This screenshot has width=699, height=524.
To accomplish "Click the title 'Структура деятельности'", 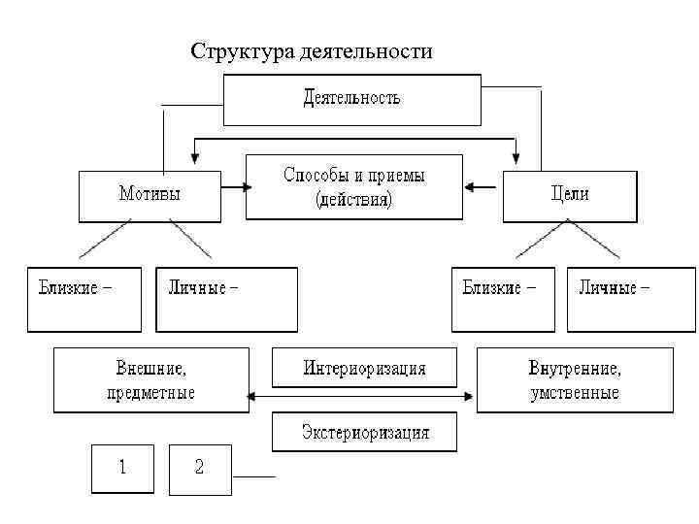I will click(x=312, y=50).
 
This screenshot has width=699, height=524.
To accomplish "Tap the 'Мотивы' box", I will click(x=150, y=197).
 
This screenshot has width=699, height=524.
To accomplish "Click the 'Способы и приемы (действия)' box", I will click(x=354, y=187).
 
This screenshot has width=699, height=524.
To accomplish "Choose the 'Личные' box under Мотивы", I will click(x=226, y=299).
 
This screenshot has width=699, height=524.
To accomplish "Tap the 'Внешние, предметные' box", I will click(x=150, y=380).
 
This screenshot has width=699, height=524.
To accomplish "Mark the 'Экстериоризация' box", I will click(x=364, y=432).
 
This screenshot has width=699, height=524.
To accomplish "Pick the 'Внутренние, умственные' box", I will click(x=575, y=380).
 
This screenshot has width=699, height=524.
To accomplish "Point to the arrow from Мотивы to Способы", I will click(x=233, y=185).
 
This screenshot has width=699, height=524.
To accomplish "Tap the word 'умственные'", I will click(x=575, y=393).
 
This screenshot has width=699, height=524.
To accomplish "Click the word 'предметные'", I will click(x=150, y=393).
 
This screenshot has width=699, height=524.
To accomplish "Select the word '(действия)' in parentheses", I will click(x=354, y=201).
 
